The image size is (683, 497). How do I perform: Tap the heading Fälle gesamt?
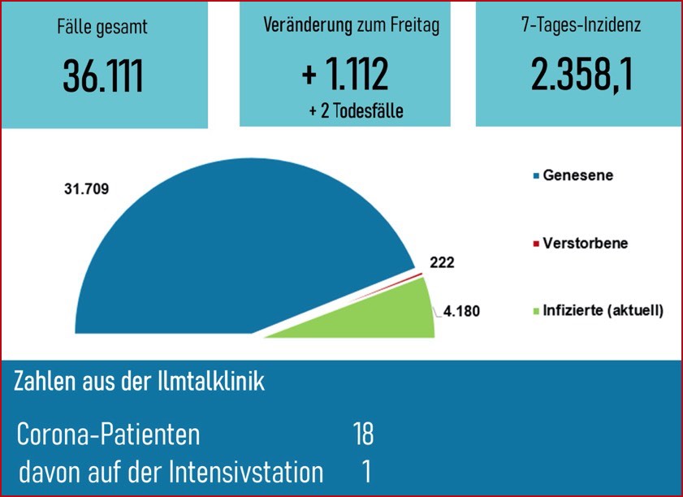tap(102, 27)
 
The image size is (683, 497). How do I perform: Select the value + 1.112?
tap(344, 74)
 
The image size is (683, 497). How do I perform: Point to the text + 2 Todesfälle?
tap(356, 110)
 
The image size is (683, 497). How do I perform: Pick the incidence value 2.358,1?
tap(581, 74)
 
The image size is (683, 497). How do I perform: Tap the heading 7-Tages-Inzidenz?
tap(581, 25)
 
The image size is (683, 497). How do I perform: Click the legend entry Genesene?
tap(577, 175)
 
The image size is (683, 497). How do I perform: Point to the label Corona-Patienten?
tap(108, 434)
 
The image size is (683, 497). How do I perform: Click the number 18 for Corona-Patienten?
tap(363, 434)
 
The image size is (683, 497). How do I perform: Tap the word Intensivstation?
tap(252, 473)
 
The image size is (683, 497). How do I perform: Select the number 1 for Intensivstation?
tap(366, 473)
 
